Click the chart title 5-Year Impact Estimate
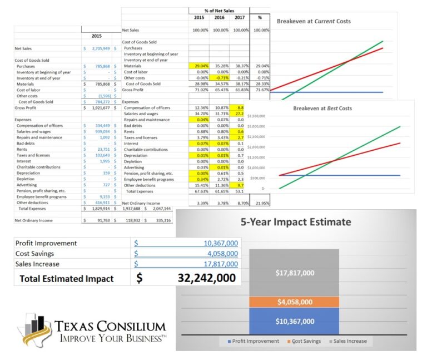click(295, 222)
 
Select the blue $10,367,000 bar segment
click(295, 321)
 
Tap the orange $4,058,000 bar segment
click(295, 302)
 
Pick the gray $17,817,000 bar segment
click(295, 273)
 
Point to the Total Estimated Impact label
click(66, 279)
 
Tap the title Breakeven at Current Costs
click(314, 21)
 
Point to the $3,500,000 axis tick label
click(256, 116)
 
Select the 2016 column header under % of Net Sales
click(220, 17)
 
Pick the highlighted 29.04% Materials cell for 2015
click(198, 66)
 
